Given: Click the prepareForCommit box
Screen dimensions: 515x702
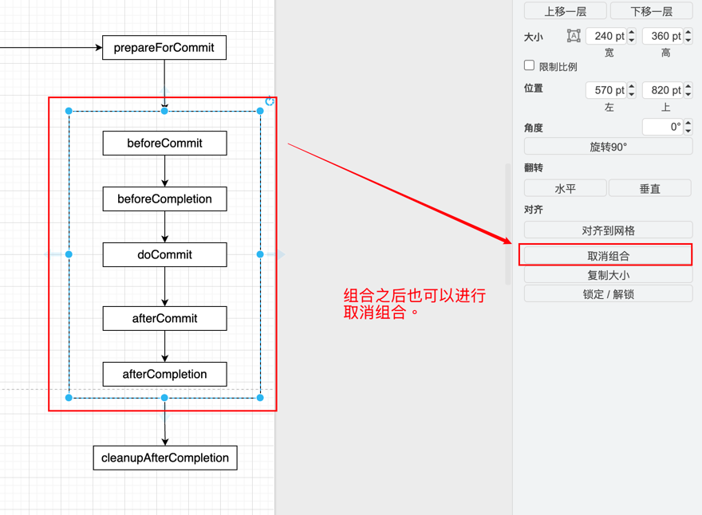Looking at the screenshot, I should [164, 48].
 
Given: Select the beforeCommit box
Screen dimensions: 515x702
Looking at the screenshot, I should [164, 143].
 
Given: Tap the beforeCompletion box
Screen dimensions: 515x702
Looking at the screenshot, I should [164, 199].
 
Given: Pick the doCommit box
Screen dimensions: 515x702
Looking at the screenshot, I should [164, 255].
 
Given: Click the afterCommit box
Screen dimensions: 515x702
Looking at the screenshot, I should [164, 319].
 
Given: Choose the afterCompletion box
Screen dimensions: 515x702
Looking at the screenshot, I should [164, 375].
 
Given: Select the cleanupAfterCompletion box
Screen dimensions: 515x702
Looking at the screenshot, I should [165, 458].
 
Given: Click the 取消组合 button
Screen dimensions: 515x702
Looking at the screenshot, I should [608, 256].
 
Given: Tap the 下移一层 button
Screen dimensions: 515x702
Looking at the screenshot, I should [651, 11].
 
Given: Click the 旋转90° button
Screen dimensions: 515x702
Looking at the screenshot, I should [608, 147].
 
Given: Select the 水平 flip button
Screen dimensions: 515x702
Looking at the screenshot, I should [565, 189].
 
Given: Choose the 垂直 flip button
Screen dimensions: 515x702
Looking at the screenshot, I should [650, 189].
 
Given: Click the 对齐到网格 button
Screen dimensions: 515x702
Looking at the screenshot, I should [608, 231].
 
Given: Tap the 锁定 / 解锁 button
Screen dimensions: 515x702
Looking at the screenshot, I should [608, 294].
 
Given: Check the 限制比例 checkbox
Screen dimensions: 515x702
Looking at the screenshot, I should [529, 65].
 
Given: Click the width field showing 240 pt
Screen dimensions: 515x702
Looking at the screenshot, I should [605, 36].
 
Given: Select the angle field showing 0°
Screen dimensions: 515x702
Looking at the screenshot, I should [662, 127].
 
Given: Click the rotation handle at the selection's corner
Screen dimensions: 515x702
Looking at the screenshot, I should [270, 101].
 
